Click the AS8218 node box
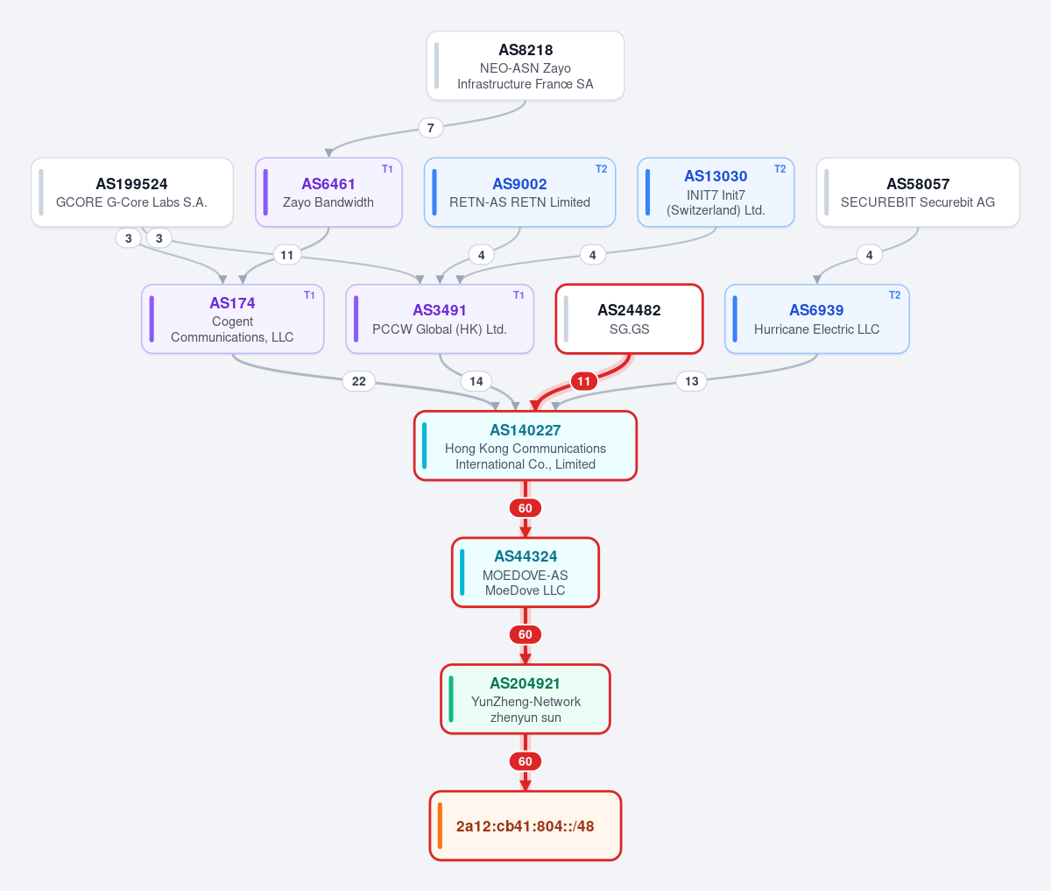[x=525, y=66]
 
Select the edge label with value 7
[x=431, y=128]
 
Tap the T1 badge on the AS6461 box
[x=387, y=169]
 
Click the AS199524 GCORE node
[x=132, y=192]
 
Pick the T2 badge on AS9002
[x=601, y=169]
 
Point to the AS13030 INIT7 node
[x=716, y=192]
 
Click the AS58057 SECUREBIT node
[x=918, y=192]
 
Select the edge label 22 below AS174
[x=359, y=381]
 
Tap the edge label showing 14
[x=476, y=381]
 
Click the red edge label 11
[x=583, y=381]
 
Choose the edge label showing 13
[x=692, y=381]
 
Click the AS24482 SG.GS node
[x=630, y=319]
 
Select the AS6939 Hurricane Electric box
[x=816, y=319]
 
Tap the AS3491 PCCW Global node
[x=440, y=319]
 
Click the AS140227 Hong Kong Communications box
[x=525, y=445]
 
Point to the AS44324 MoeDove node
[x=525, y=572]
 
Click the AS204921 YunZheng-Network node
[x=525, y=699]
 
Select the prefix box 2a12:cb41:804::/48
[x=525, y=826]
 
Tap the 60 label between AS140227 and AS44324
[x=525, y=508]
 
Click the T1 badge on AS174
[x=309, y=295]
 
